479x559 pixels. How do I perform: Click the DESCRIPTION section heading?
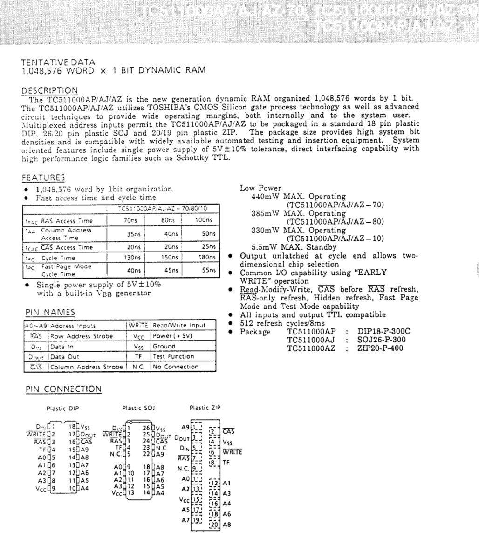pos(50,90)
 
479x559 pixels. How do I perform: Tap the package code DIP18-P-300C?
pos(384,332)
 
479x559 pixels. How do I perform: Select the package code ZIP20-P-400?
pos(380,348)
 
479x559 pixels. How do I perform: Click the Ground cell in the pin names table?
pos(164,347)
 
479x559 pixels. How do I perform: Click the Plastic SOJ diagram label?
pos(138,408)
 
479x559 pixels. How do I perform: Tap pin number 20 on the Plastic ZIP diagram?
pos(214,525)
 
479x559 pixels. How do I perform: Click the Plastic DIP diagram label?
pos(63,409)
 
